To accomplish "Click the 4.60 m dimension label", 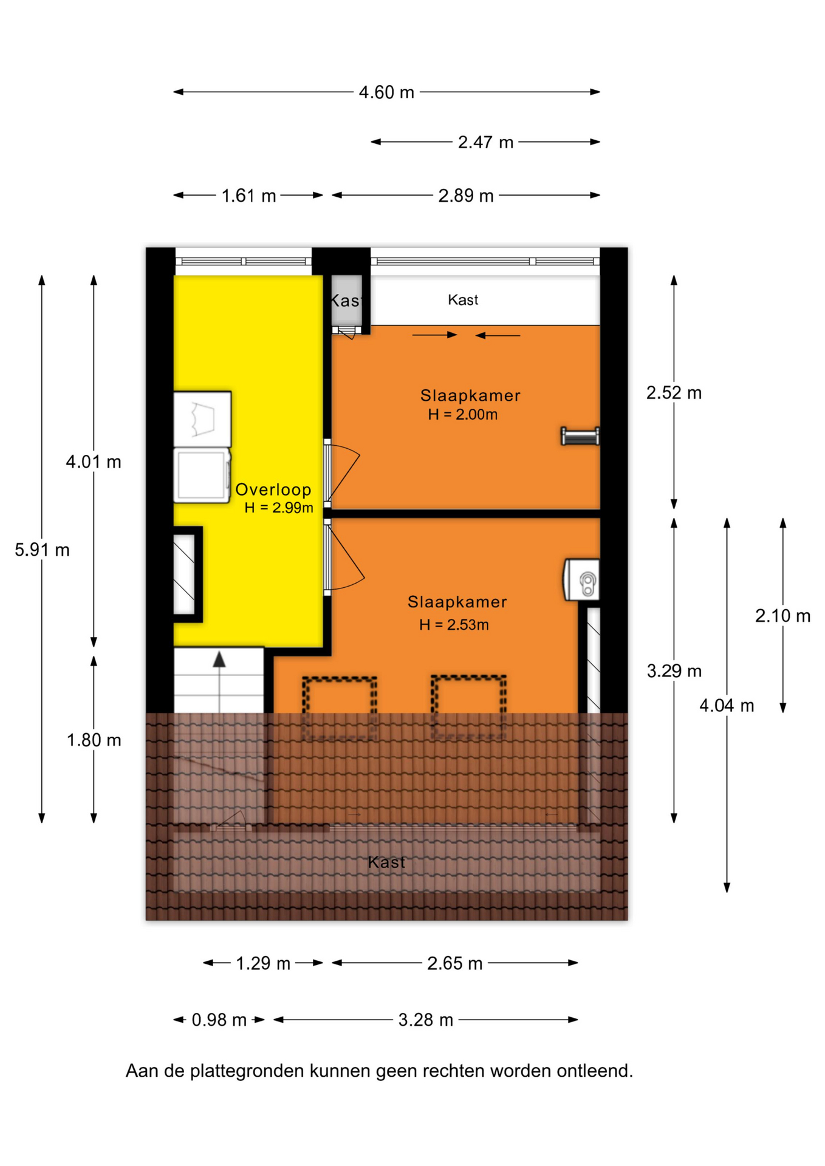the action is (386, 92).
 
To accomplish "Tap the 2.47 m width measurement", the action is (485, 142).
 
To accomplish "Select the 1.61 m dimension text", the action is (248, 196).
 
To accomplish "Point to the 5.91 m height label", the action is (42, 550).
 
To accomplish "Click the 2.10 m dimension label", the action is (782, 616).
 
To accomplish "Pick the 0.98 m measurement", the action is (219, 1020).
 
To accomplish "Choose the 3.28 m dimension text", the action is (425, 1020).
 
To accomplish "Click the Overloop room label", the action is (273, 489).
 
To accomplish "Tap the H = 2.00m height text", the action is (462, 415).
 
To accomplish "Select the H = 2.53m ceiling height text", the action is (454, 625).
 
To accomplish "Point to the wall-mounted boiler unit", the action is (582, 580).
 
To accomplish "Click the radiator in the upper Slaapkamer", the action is (580, 437).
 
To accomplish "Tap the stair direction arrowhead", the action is (219, 660).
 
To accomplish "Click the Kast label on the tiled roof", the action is (386, 862).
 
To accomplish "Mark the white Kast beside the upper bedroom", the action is (485, 301).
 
